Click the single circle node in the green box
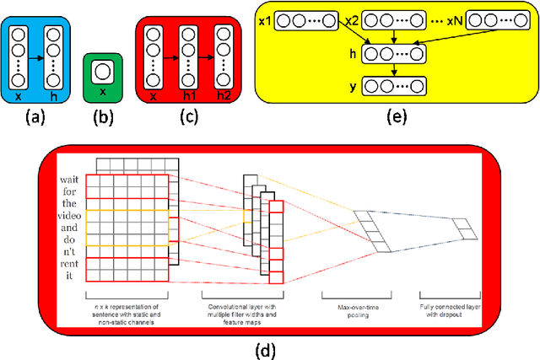click(x=103, y=70)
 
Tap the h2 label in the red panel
click(x=224, y=96)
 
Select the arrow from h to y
click(x=393, y=70)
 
